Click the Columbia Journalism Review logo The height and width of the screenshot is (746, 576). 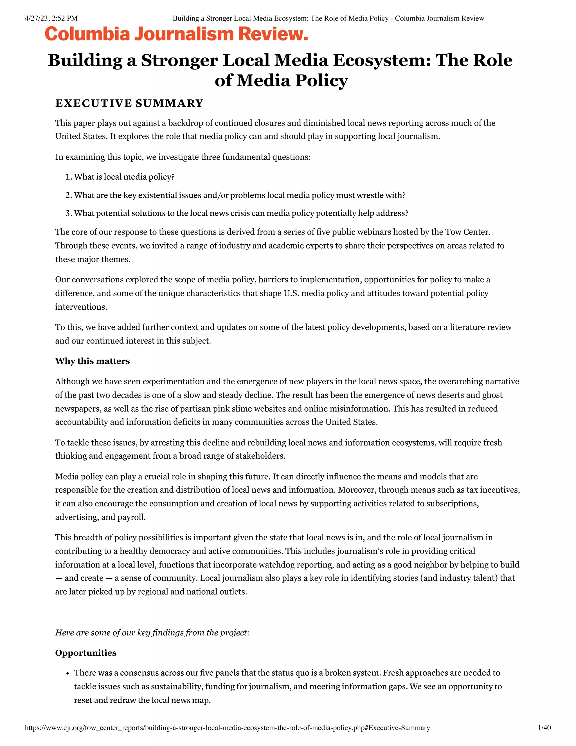[x=176, y=34]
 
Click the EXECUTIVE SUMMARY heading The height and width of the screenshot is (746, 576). [x=129, y=103]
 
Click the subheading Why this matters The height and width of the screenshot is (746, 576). [x=93, y=361]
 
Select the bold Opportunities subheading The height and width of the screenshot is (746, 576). [x=86, y=653]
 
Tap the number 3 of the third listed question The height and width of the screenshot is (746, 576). [x=67, y=213]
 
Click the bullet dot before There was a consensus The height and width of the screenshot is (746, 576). [x=67, y=674]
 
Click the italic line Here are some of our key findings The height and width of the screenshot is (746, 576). [x=152, y=633]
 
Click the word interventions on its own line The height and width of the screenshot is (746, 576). [x=81, y=307]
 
